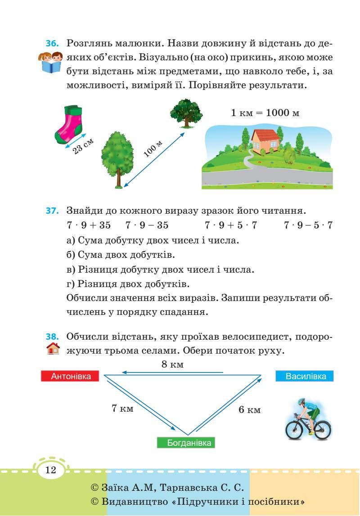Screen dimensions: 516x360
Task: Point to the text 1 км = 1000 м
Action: [265, 112]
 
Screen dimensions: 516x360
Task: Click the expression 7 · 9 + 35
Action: [88, 225]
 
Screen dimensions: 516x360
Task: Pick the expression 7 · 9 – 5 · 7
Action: [308, 225]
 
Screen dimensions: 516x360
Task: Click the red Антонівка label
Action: [70, 377]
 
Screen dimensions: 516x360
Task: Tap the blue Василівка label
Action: [305, 376]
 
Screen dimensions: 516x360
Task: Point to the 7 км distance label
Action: [122, 408]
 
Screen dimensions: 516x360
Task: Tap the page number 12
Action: [50, 471]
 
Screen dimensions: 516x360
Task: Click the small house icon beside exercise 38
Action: [53, 349]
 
